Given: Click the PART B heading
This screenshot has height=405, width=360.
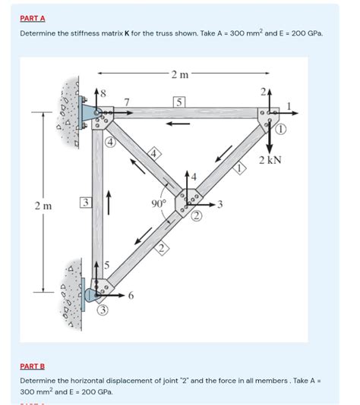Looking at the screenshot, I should click(x=33, y=365).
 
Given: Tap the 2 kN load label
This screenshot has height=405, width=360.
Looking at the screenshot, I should click(x=270, y=161).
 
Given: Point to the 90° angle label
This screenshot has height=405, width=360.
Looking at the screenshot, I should click(x=158, y=203).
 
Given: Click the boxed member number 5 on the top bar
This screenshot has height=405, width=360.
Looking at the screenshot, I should click(x=178, y=101).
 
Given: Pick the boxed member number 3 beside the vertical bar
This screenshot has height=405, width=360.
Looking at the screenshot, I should click(x=86, y=202).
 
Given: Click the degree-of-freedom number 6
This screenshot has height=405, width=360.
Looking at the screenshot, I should click(x=131, y=296).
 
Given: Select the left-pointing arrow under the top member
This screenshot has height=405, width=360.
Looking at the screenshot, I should click(x=179, y=124).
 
